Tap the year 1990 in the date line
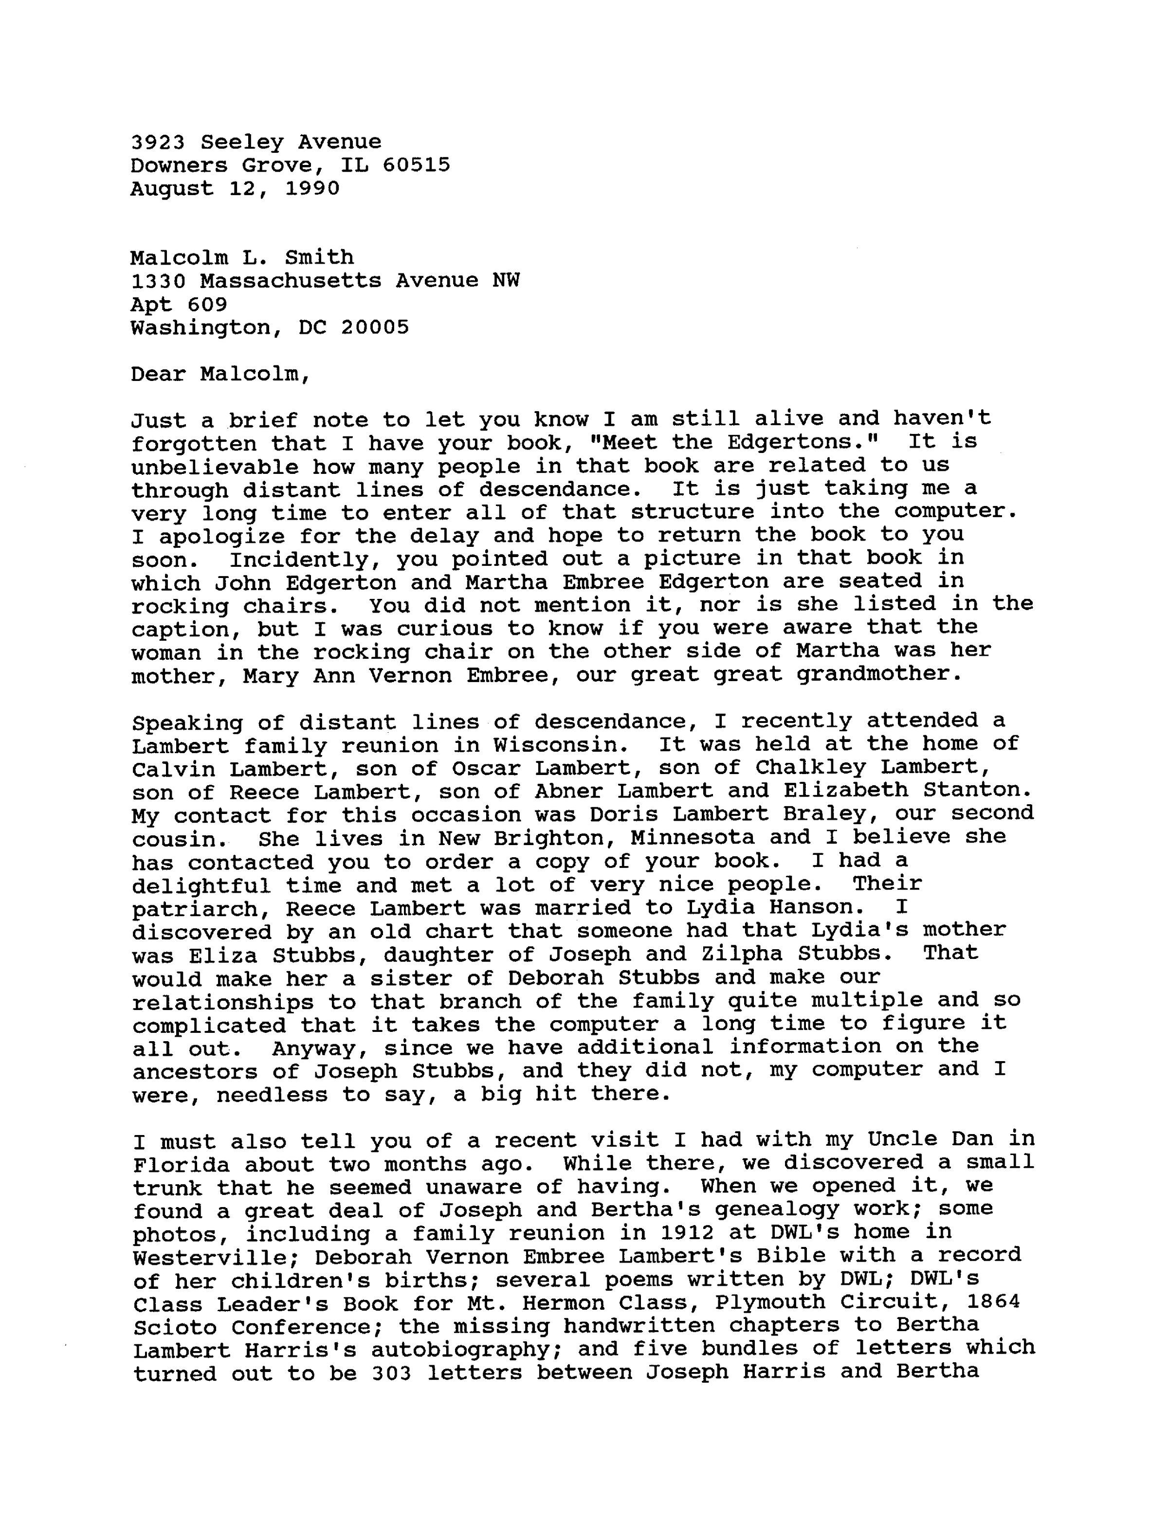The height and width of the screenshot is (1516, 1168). [312, 189]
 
